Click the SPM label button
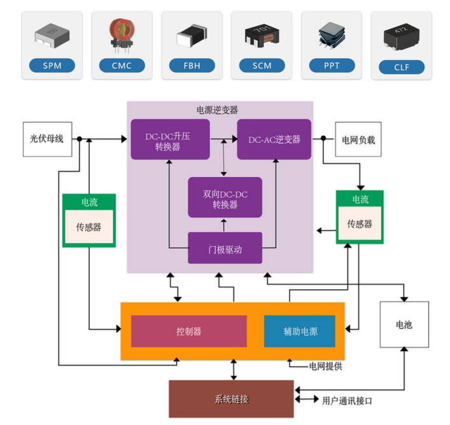pyautogui.click(x=52, y=65)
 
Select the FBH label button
pyautogui.click(x=191, y=65)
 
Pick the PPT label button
pyautogui.click(x=332, y=65)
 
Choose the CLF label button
pyautogui.click(x=401, y=66)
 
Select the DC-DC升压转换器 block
pyautogui.click(x=170, y=140)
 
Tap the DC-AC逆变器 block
pyautogui.click(x=274, y=140)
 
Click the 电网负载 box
pyautogui.click(x=358, y=139)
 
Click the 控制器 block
pyautogui.click(x=189, y=331)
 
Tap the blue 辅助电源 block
pyautogui.click(x=300, y=331)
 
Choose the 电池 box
pyautogui.click(x=404, y=324)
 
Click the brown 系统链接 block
pyautogui.click(x=231, y=399)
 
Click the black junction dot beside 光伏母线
pyautogui.click(x=79, y=138)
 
